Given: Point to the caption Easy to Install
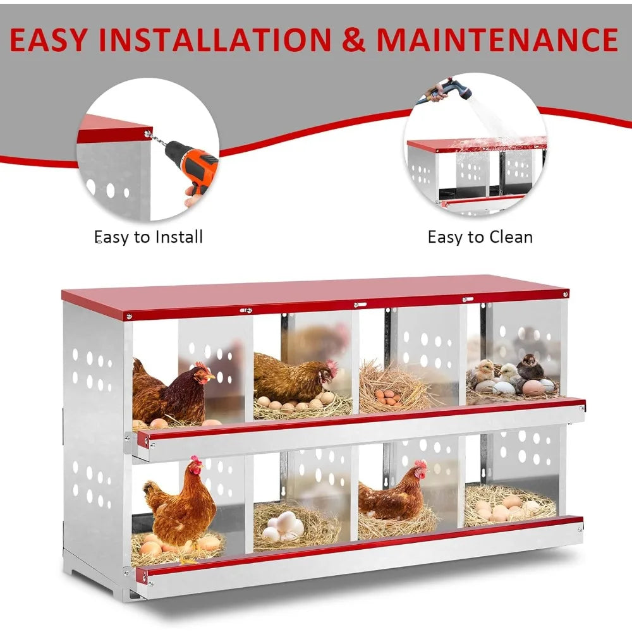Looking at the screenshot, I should tap(149, 237).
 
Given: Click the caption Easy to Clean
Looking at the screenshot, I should tap(480, 237).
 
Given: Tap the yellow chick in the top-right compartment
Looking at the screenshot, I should tap(483, 373).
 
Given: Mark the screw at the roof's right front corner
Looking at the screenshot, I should tap(564, 293).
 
